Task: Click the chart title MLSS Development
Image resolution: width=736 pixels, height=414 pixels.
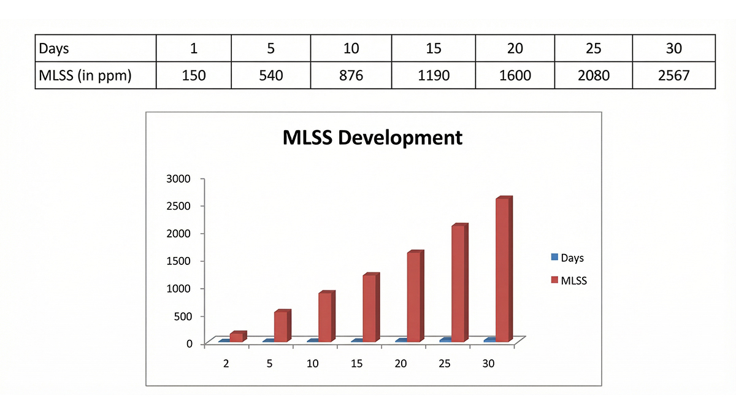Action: [372, 137]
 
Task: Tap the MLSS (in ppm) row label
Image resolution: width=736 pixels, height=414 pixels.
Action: [85, 75]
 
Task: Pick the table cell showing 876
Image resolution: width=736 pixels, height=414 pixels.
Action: [351, 75]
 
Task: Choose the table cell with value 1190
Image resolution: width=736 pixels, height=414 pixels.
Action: [433, 75]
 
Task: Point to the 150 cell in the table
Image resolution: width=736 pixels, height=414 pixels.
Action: [193, 75]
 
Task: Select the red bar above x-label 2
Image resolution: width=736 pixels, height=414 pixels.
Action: [237, 337]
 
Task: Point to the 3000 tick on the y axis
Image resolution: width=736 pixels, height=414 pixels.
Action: [180, 178]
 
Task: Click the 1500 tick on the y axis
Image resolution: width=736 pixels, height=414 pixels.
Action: [180, 261]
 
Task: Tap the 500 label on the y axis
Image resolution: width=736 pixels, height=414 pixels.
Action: [183, 316]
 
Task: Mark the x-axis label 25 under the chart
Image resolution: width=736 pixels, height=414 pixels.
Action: [445, 364]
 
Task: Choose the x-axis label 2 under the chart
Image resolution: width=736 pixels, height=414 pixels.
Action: [226, 364]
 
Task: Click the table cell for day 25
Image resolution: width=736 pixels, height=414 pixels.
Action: [594, 48]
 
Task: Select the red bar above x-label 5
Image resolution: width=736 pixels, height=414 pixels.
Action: [282, 326]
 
